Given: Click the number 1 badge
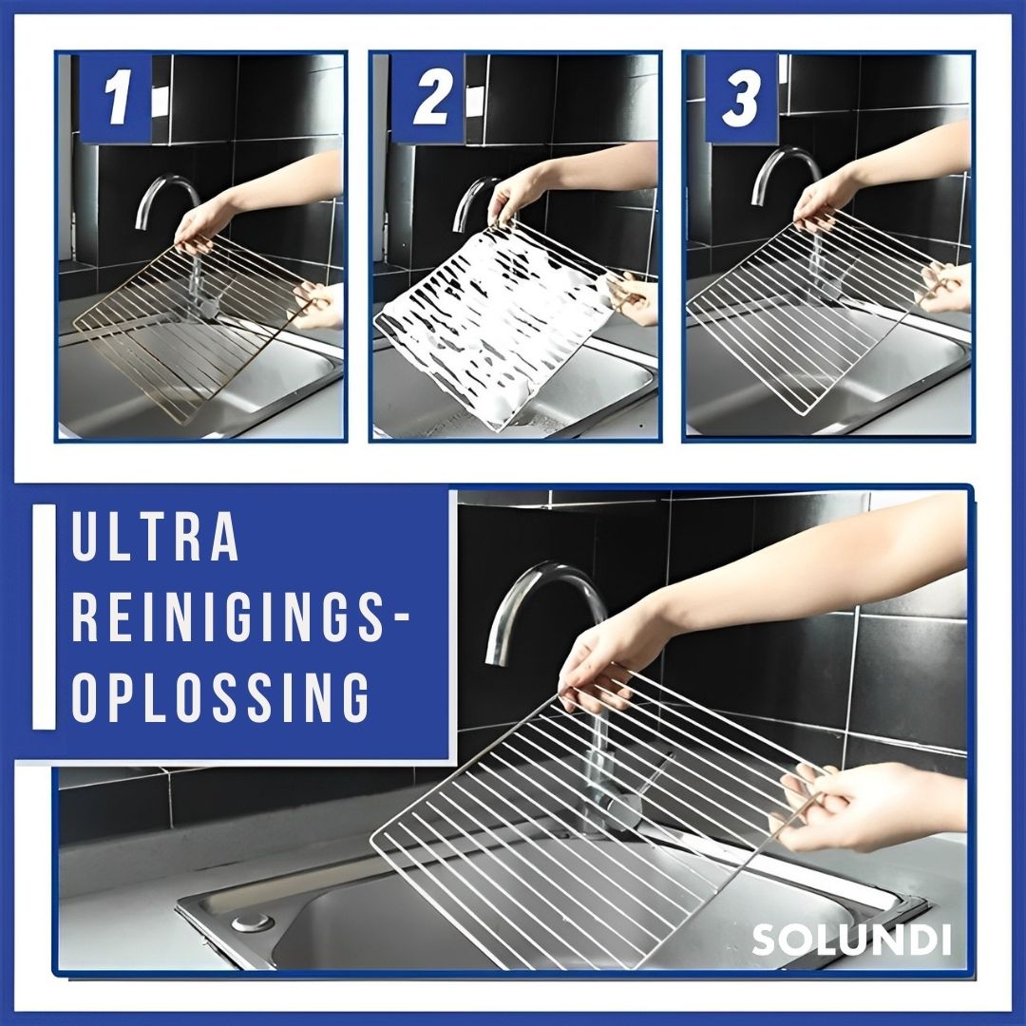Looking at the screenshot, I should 116,98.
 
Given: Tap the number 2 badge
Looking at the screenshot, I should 429,98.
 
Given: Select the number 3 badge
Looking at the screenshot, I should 742,98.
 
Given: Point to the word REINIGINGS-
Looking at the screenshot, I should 241,619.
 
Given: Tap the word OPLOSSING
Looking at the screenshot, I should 220,698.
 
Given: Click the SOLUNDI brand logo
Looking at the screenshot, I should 851,940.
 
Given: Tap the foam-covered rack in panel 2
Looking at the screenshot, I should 494,313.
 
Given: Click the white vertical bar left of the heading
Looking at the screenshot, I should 44,617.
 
